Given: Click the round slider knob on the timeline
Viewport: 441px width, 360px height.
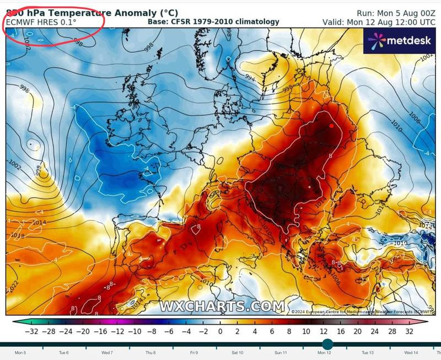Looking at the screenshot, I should click(327, 344).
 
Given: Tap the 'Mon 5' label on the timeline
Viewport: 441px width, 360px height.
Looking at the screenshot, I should click(20, 352).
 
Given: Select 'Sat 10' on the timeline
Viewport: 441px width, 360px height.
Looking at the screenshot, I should click(237, 352).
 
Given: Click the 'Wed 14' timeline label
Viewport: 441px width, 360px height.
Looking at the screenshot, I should click(411, 352).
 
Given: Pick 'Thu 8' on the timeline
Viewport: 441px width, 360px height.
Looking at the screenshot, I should click(150, 352).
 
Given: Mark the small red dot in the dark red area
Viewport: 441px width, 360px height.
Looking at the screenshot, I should click(331, 126).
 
